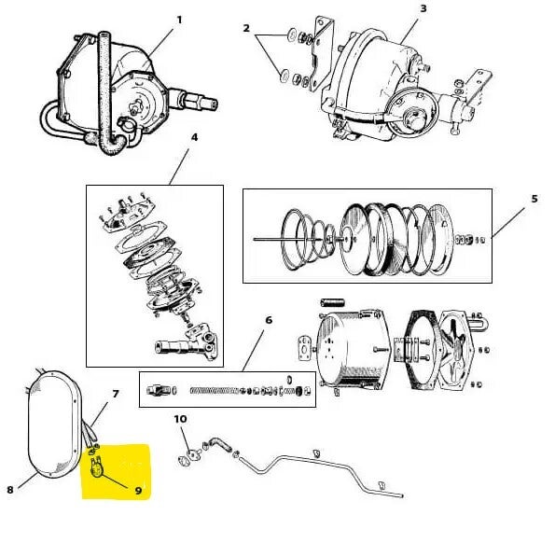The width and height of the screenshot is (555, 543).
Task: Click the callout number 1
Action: click(179, 20)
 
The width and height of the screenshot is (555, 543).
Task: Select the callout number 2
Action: click(246, 28)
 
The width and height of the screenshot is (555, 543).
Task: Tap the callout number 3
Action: click(423, 8)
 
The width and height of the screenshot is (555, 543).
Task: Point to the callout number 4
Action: click(194, 137)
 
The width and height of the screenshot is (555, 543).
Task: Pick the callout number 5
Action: click(534, 199)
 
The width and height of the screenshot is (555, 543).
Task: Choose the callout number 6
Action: click(269, 320)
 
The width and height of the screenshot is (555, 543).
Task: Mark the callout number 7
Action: click(116, 394)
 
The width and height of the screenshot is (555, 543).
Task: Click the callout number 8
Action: click(10, 490)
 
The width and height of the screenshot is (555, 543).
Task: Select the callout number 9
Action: click(138, 490)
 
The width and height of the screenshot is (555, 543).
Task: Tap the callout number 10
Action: click(180, 419)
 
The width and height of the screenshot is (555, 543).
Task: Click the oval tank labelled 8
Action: click(54, 425)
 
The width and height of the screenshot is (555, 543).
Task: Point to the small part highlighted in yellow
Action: click(96, 467)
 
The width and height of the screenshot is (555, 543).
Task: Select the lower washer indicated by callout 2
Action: click(284, 77)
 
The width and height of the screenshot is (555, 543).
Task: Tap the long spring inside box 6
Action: click(215, 391)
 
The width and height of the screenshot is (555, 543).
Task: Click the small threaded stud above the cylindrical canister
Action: click(332, 302)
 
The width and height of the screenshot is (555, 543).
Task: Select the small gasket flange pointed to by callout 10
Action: click(184, 459)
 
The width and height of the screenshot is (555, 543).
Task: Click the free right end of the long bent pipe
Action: click(402, 496)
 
